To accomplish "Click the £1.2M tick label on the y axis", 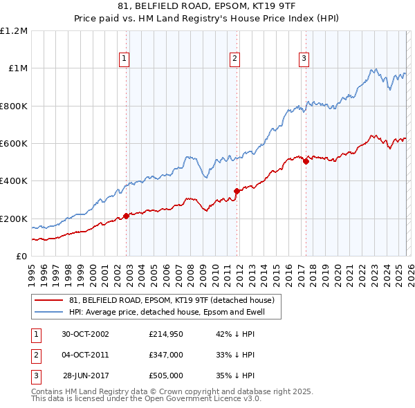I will click(14, 30).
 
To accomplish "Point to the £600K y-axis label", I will click(14, 143).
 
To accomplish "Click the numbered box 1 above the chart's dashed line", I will click(124, 59).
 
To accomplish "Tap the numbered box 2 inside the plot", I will click(235, 59).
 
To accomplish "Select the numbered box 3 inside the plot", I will click(304, 59).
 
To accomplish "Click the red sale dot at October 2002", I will click(127, 216).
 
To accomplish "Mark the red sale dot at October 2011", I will click(237, 191).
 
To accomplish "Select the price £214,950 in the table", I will click(166, 334).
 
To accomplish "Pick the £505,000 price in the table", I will click(166, 375).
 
